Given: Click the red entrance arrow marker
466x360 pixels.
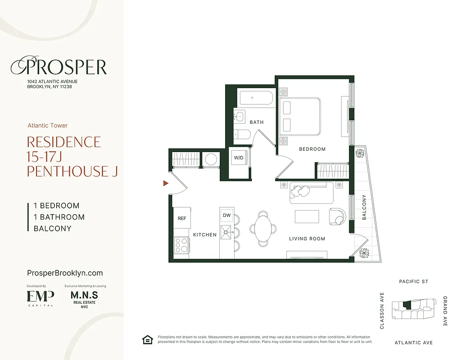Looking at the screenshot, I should (166, 183).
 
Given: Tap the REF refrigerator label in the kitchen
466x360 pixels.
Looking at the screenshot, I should (182, 218).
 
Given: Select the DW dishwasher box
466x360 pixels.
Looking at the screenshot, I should (227, 216).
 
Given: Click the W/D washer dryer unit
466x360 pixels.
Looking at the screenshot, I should (238, 158).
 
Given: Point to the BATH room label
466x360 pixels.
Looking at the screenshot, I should (257, 122).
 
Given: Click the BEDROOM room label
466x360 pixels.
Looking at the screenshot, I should (312, 149).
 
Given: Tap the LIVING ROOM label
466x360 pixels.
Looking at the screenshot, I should (307, 238).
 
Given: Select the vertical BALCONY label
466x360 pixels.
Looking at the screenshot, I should (364, 207).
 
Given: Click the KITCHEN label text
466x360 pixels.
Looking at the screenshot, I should (205, 234).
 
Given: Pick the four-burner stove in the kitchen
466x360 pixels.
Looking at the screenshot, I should (181, 245).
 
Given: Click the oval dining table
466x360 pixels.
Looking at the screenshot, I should (264, 227).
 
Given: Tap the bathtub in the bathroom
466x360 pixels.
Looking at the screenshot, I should (256, 98).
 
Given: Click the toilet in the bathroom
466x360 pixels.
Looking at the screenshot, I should (242, 134).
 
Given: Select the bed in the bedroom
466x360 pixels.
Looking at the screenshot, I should (300, 117).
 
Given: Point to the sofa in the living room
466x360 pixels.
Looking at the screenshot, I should (312, 192).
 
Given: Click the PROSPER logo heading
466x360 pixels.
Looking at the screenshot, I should (59, 67).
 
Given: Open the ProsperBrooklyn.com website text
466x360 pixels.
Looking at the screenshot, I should (65, 273).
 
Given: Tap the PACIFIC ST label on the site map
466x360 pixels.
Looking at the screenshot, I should (413, 282).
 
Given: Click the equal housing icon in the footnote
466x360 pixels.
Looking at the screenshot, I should (147, 339).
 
